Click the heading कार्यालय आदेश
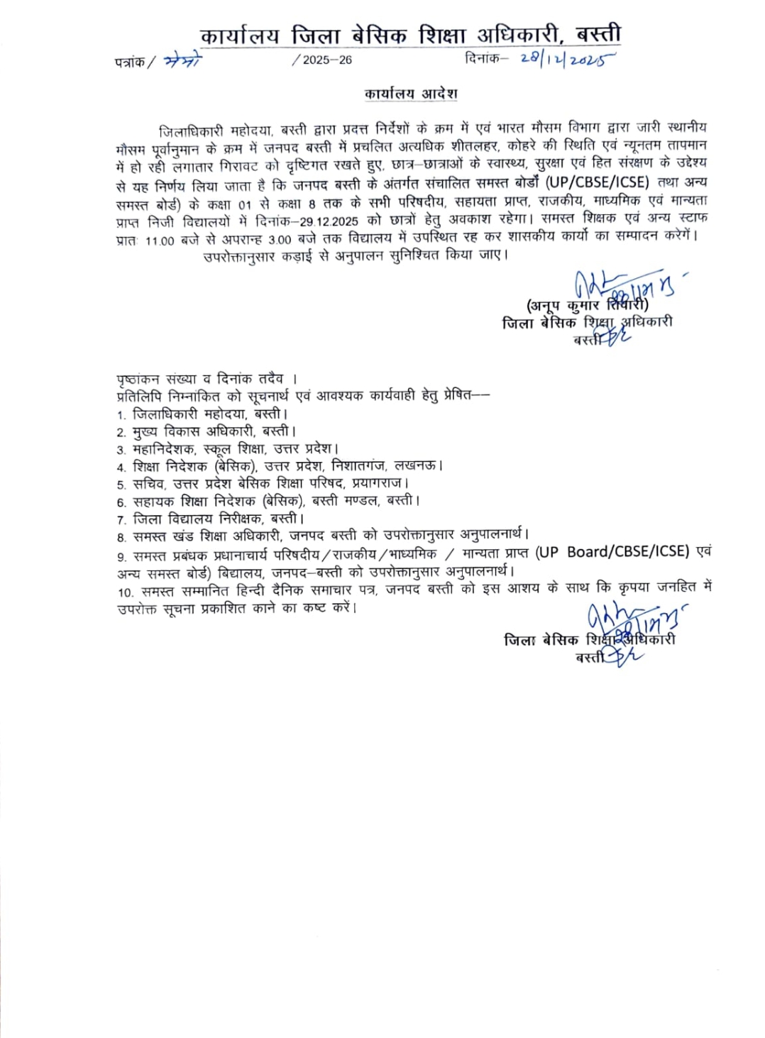coord(411,94)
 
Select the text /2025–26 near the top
coord(322,60)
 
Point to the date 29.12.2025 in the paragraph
coord(329,221)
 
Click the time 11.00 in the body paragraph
coord(159,241)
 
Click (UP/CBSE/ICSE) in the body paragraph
coord(598,182)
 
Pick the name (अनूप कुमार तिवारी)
coord(588,305)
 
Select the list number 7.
coord(121,520)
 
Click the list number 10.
coord(126,592)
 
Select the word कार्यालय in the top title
coord(240,35)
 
